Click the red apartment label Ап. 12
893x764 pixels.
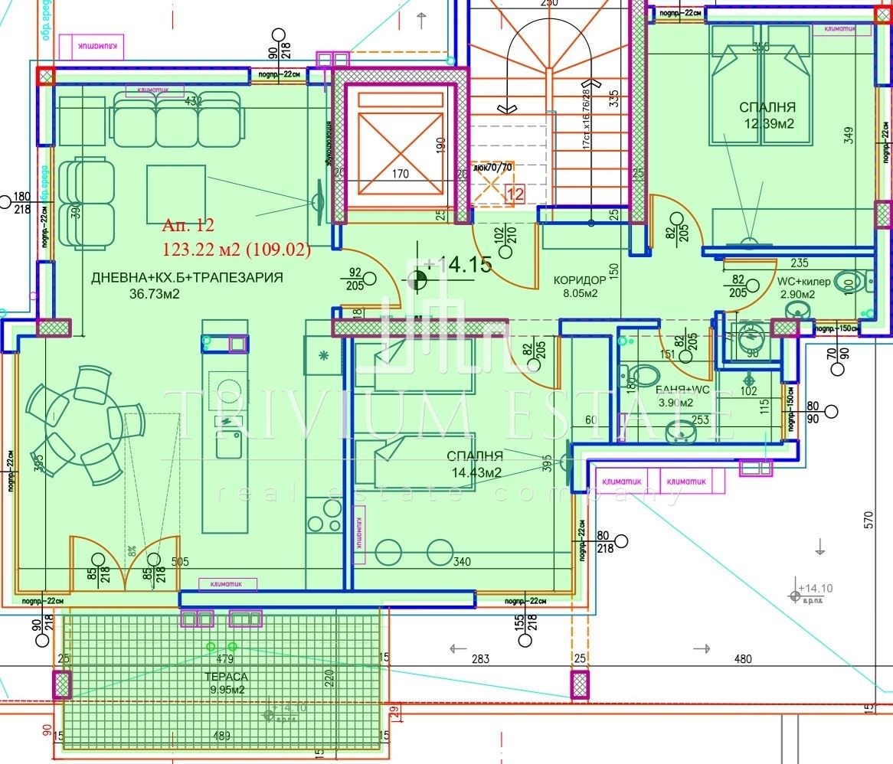tap(188, 226)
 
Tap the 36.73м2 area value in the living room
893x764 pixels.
tap(154, 295)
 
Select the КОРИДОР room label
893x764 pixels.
tap(580, 280)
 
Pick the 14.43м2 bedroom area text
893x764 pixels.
tap(475, 472)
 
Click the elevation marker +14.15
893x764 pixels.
tap(457, 265)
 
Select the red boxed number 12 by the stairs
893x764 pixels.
tap(516, 194)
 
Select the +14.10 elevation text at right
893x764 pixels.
tap(815, 588)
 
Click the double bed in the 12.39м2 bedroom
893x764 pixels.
tap(761, 84)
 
